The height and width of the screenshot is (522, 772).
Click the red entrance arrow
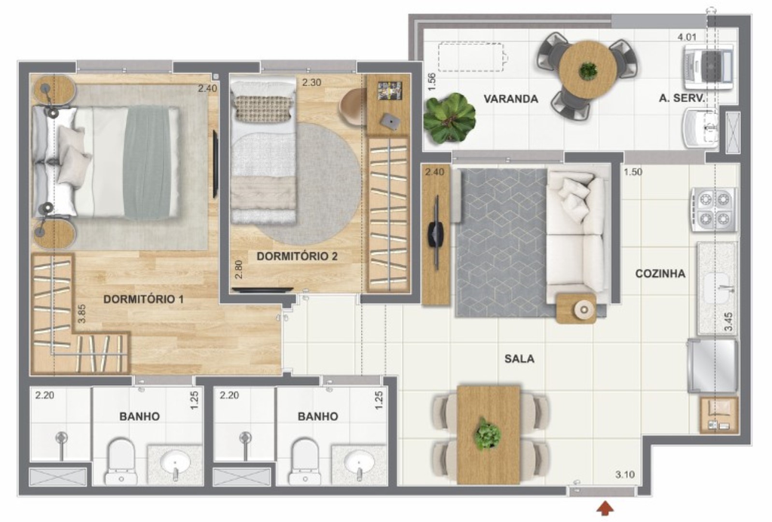(605, 508)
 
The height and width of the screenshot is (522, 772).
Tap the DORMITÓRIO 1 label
(143, 299)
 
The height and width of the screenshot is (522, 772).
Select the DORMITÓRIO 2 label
(297, 256)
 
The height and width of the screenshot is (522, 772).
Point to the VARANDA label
(510, 99)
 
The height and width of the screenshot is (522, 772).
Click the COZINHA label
(660, 274)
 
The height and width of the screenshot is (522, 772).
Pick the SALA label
(519, 358)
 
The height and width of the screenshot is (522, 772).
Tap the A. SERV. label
(682, 98)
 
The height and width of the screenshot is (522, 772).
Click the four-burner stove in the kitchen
(714, 209)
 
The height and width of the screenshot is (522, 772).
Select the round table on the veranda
(587, 71)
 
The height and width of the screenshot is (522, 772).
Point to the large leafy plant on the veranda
(449, 118)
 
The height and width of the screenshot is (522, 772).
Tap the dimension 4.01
(687, 37)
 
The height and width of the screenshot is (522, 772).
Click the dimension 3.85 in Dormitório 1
(81, 314)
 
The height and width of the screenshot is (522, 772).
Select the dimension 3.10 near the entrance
(625, 474)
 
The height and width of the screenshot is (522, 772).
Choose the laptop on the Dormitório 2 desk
(390, 121)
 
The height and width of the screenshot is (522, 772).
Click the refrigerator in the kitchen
(712, 365)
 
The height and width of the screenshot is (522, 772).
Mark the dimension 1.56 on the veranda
(432, 81)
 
